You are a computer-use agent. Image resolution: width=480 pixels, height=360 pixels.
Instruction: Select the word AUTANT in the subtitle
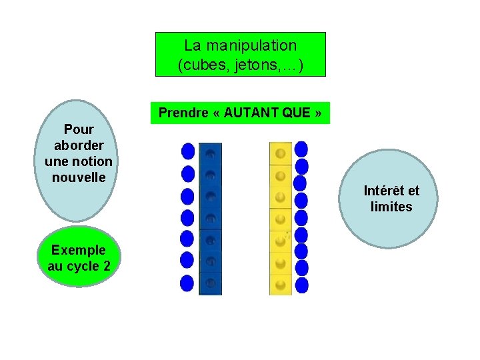point(251,113)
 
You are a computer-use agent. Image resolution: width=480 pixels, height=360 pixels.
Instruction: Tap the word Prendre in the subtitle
point(183,113)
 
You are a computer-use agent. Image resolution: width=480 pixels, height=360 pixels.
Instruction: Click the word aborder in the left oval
point(78,145)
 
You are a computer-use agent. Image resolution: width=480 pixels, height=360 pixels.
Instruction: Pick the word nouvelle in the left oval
point(78,177)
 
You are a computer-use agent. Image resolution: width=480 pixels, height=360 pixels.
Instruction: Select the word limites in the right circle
point(391,207)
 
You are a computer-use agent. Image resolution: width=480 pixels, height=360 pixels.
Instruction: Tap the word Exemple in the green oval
point(78,250)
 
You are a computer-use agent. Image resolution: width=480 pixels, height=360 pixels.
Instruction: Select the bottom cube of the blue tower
point(211,283)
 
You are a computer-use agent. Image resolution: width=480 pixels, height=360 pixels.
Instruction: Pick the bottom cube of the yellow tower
point(281,284)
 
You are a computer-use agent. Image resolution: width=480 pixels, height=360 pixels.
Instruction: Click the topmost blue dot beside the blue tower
point(188,151)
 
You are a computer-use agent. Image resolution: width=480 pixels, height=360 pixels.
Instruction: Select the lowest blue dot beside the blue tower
point(187,283)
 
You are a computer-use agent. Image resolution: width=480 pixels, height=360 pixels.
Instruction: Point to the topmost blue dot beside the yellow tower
point(301,149)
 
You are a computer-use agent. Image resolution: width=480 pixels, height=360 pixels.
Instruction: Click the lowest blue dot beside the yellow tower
point(301,285)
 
